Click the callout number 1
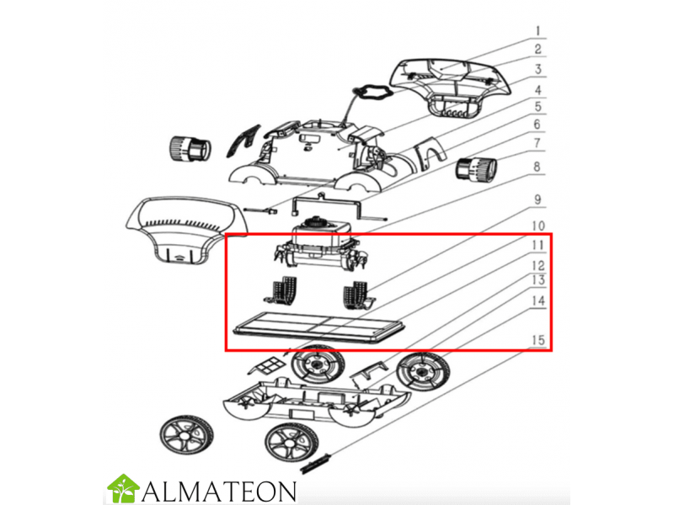(538, 31)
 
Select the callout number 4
(538, 90)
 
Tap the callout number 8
(537, 167)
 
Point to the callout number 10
(538, 226)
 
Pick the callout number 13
(538, 280)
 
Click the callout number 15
(538, 340)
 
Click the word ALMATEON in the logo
(219, 491)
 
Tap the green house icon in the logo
(123, 488)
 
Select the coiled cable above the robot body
(371, 92)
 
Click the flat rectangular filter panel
(319, 327)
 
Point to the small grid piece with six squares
(269, 367)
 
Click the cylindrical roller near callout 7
(476, 169)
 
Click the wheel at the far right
(423, 372)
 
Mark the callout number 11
(538, 246)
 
